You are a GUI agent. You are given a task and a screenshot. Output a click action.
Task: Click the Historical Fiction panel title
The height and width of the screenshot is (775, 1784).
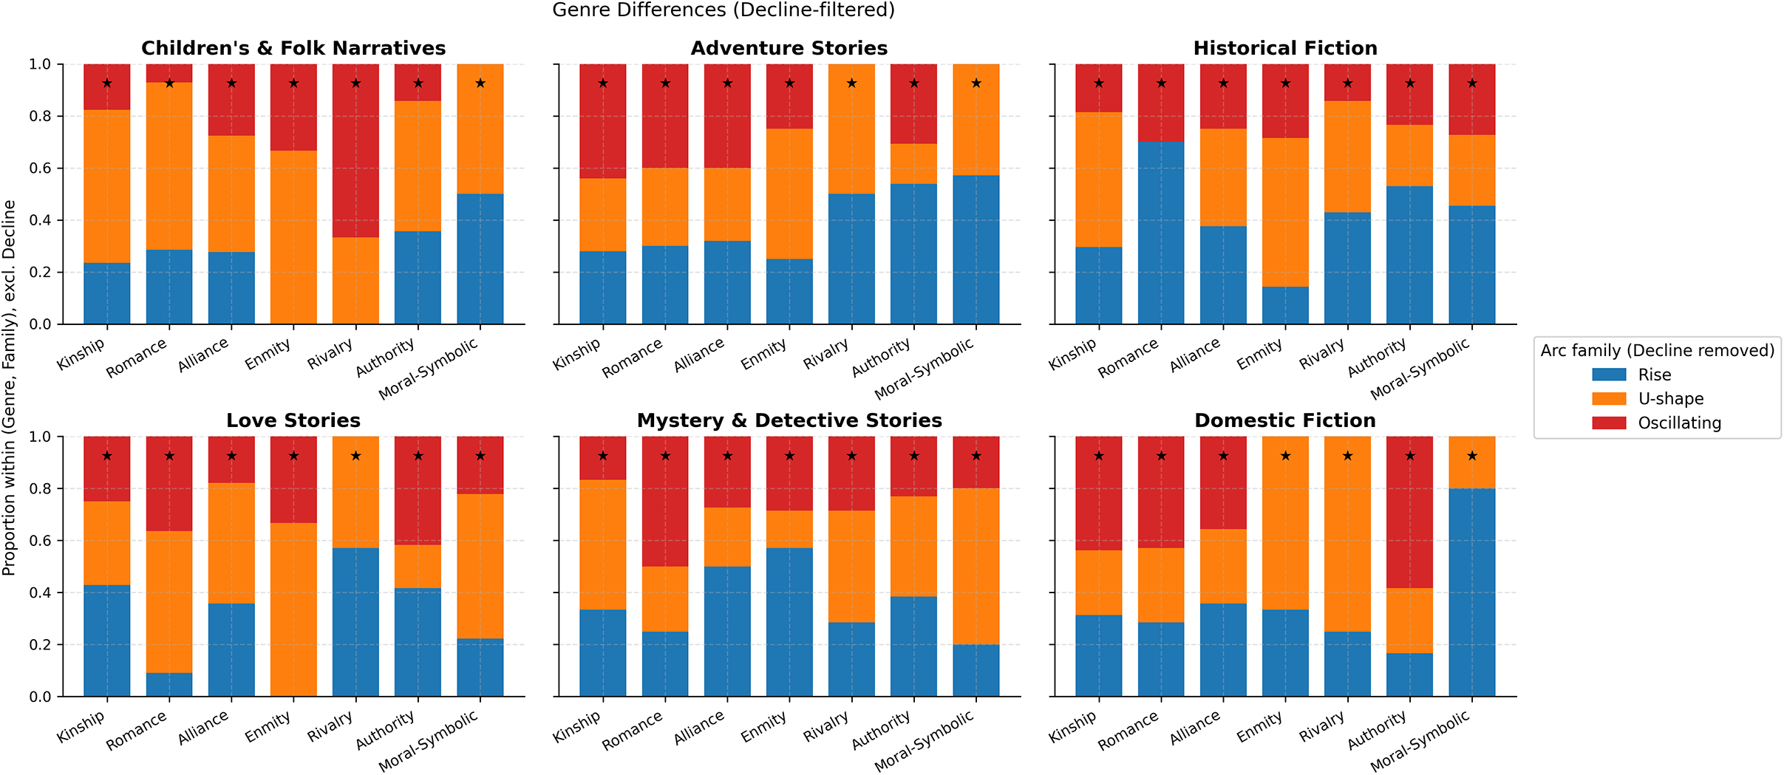coord(1285,49)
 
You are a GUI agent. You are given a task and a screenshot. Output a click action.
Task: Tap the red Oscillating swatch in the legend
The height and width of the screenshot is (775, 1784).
coord(1609,423)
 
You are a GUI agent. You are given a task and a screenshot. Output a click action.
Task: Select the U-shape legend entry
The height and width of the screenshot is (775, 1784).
coord(1670,399)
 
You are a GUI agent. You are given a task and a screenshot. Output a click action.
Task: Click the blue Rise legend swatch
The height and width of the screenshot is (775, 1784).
coord(1609,375)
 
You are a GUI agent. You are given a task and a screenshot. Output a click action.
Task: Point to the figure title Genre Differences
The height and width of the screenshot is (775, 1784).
coord(724,10)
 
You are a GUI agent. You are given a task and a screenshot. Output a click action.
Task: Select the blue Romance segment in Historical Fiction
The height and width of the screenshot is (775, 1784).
coord(1161,233)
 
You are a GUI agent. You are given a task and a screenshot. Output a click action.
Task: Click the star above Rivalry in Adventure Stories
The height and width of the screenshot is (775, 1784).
coord(851,83)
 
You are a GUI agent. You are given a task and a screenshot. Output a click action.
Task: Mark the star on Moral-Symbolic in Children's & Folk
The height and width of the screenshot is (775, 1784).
coord(480,83)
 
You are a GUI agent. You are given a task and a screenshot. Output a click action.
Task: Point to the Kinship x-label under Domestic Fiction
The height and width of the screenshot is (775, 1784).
coord(1072,727)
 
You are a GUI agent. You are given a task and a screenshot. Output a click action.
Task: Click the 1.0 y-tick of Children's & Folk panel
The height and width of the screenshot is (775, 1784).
coord(41,64)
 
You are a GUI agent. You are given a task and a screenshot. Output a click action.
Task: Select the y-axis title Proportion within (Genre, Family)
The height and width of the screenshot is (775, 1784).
coord(9,388)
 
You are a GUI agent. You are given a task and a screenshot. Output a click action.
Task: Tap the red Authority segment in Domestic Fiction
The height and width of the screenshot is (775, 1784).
coord(1409,512)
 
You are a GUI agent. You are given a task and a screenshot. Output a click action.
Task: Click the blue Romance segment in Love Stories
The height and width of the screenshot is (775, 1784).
coord(169,685)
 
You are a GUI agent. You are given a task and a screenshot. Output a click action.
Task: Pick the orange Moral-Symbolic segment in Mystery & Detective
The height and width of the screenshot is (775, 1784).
coord(976,567)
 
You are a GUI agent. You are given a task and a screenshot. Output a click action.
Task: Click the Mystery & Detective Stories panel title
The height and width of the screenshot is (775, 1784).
coord(789,421)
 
